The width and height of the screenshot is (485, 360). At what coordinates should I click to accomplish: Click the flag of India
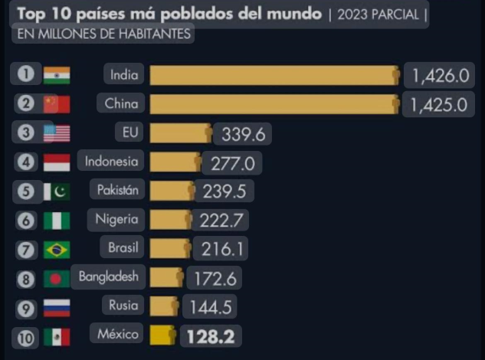57,75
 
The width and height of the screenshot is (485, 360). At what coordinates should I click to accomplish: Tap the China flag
57,104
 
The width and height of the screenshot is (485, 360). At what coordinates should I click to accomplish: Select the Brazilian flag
57,250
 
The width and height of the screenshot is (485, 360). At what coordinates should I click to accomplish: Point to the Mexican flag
57,336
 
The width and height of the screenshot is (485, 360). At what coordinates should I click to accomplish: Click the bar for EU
180,133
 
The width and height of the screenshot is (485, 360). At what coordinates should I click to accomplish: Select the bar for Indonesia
175,162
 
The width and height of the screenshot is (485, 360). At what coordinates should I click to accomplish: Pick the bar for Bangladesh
165,277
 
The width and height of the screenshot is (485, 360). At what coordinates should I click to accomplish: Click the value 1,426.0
439,76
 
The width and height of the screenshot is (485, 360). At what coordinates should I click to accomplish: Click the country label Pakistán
117,190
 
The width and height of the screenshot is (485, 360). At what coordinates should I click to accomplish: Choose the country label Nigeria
116,220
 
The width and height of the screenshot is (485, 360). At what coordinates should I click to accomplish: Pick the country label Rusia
123,306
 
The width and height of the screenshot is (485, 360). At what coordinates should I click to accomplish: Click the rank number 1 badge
26,74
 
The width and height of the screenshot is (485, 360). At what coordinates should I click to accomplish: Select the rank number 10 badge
25,336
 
